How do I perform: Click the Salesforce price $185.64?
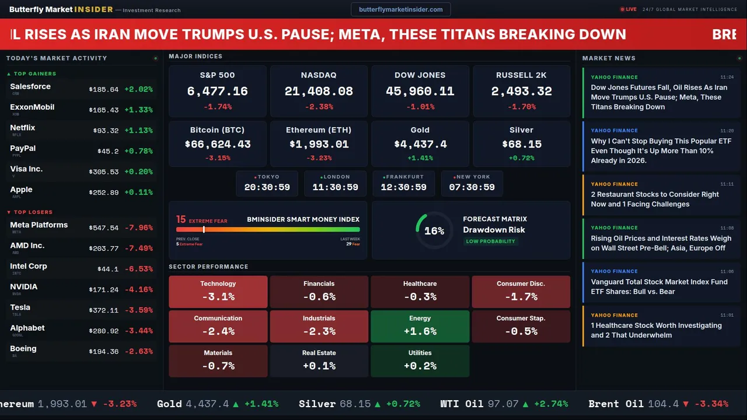click(103, 89)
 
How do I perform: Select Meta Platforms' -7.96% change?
click(140, 228)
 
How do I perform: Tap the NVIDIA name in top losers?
click(24, 286)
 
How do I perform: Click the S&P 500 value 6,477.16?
click(217, 91)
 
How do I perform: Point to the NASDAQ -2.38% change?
click(319, 107)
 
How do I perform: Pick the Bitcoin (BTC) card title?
click(217, 130)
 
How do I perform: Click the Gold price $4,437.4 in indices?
click(420, 144)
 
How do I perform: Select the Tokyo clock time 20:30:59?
click(267, 187)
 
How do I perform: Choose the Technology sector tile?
click(218, 292)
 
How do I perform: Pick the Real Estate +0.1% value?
click(319, 366)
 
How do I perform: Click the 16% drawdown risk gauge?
click(434, 231)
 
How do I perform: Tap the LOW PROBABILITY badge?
click(490, 241)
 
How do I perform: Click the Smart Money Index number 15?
click(181, 219)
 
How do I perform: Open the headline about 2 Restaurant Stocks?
click(655, 199)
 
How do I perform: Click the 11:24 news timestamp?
click(727, 77)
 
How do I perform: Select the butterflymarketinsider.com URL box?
click(400, 9)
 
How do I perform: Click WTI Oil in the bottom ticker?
click(463, 404)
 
